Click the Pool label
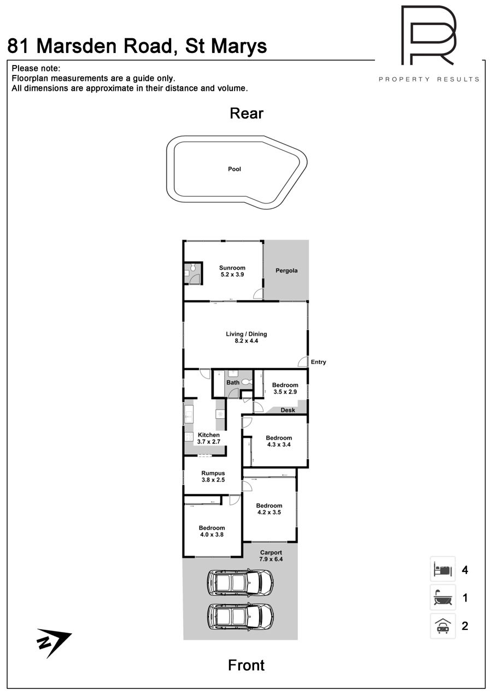[x=234, y=169]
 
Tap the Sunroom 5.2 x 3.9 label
[x=232, y=271]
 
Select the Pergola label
[x=286, y=271]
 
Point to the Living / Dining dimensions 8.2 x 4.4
[x=247, y=341]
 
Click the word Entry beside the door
[x=318, y=362]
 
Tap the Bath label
[x=233, y=383]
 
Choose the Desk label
[x=288, y=410]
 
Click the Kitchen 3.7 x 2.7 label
[x=209, y=438]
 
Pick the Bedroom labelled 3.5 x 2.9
[x=285, y=388]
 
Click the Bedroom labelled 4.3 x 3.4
[x=279, y=441]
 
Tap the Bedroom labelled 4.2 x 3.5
[x=269, y=509]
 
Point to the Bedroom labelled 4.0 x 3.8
[x=212, y=531]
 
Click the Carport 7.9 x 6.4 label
[x=271, y=556]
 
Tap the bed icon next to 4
[x=443, y=569]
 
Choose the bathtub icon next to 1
[x=443, y=597]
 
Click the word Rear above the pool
[x=247, y=113]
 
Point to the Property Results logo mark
[x=429, y=35]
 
